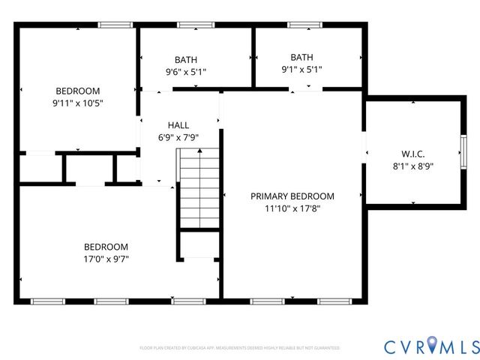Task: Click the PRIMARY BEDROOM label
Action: pyautogui.click(x=292, y=196)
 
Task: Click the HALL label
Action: pyautogui.click(x=178, y=125)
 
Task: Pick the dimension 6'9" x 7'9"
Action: pyautogui.click(x=178, y=137)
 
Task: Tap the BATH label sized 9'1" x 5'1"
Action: pyautogui.click(x=301, y=57)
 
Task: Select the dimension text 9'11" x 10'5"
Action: pyautogui.click(x=77, y=103)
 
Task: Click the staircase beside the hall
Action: pyautogui.click(x=198, y=187)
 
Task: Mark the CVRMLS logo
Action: pyautogui.click(x=431, y=346)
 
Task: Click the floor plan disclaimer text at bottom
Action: pyautogui.click(x=239, y=348)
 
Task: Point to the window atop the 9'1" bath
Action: pyautogui.click(x=304, y=25)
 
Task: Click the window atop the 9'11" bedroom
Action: pyautogui.click(x=115, y=25)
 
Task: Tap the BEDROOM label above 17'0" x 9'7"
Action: pyautogui.click(x=106, y=247)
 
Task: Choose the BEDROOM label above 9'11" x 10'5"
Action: pyautogui.click(x=77, y=91)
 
